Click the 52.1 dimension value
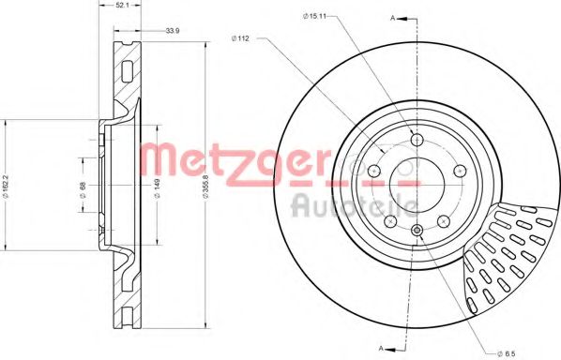click(119, 6)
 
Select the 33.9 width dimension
click(173, 31)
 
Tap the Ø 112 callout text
click(240, 38)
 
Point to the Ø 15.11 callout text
click(314, 16)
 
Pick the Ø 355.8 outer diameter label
click(205, 185)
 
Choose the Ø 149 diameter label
click(157, 185)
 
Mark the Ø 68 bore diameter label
click(83, 188)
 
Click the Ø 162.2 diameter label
click(6, 186)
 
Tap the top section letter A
click(392, 18)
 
